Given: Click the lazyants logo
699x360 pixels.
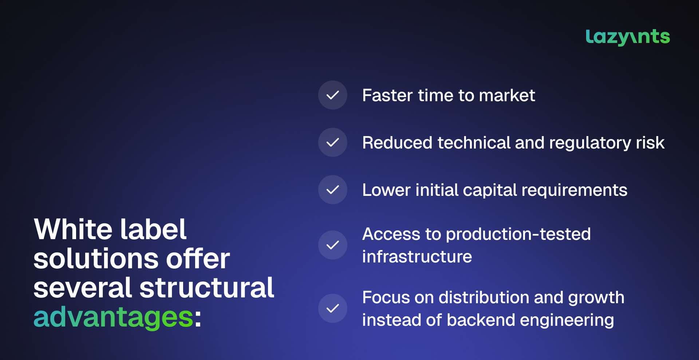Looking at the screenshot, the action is pos(628,37).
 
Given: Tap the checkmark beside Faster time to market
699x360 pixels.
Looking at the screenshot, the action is pos(333,95).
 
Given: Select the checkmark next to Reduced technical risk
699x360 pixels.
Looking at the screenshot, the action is pos(333,142).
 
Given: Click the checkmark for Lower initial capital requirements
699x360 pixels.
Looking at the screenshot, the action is pos(333,190).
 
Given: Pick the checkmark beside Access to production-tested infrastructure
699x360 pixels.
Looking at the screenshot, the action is pos(333,245).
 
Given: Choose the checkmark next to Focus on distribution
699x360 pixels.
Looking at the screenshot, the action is pos(333,308).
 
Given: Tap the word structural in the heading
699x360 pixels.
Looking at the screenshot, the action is pos(207,288).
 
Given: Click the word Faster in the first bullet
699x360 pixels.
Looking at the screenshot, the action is pos(387,95).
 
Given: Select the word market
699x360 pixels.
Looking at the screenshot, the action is pos(507,95).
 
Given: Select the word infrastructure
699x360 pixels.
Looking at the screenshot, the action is pos(417,257).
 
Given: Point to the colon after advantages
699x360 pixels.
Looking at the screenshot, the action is pos(198,319).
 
